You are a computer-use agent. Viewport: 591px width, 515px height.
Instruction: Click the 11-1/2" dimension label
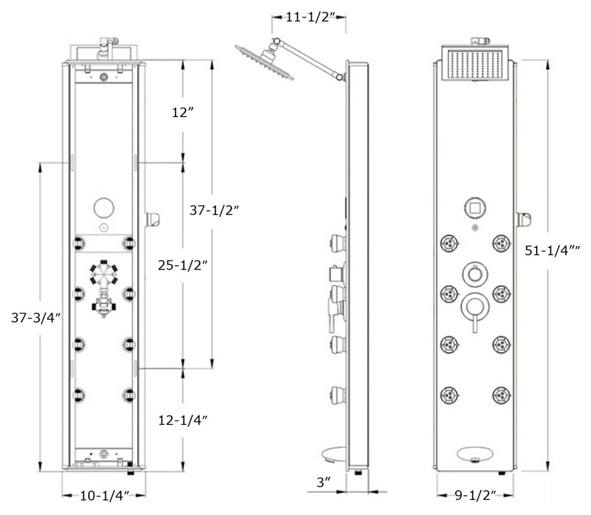(x=309, y=17)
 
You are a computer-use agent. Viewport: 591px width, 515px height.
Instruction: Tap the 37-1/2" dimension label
(x=214, y=210)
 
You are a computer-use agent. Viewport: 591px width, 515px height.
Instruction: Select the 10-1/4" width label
(x=104, y=495)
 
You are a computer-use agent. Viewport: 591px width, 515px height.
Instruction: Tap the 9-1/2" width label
(x=475, y=495)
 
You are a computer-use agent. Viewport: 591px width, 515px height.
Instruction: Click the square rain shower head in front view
(x=476, y=65)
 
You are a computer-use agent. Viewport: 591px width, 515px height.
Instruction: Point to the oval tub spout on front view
(x=475, y=455)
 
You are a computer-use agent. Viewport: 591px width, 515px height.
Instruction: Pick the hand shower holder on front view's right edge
(x=524, y=220)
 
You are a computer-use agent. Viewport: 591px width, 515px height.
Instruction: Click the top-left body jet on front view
(x=449, y=243)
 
